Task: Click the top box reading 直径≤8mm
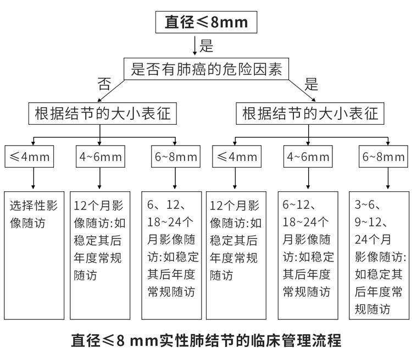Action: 207,23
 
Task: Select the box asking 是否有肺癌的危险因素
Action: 207,69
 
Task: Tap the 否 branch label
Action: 104,84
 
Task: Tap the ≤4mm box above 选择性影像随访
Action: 30,157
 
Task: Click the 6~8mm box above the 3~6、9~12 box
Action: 383,157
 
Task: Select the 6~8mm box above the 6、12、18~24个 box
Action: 175,157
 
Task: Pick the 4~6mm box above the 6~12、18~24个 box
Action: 308,157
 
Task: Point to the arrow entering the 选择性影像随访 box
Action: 34,179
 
